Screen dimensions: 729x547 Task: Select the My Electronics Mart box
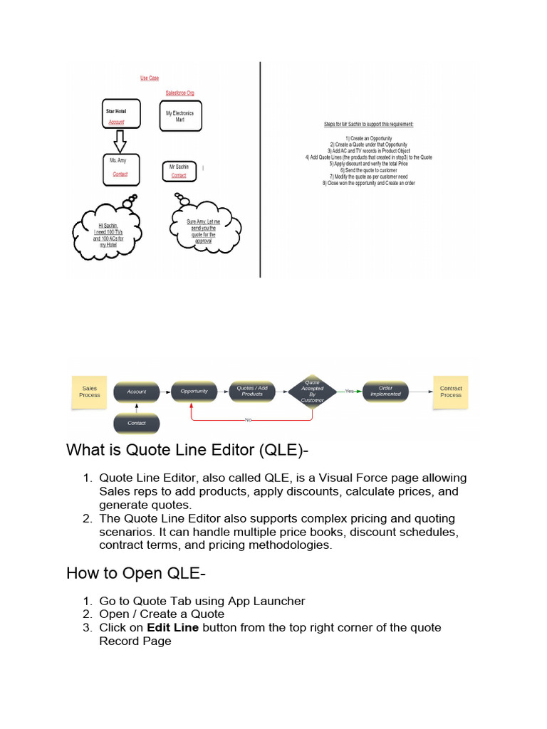[179, 116]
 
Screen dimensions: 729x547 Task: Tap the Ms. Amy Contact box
[120, 169]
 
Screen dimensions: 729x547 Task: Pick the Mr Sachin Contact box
[179, 171]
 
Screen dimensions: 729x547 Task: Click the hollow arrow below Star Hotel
[120, 141]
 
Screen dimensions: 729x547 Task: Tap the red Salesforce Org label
[179, 93]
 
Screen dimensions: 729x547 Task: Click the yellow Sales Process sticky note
[90, 392]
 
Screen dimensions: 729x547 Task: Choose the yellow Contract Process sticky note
[450, 392]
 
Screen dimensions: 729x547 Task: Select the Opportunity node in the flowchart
[194, 391]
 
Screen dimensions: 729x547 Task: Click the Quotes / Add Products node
[252, 391]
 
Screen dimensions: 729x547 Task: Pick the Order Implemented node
[385, 391]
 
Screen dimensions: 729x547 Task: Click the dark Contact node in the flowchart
[136, 424]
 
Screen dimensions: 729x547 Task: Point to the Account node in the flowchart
[136, 391]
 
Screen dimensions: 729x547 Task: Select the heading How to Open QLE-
[125, 573]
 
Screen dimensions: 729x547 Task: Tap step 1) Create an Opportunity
[368, 138]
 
